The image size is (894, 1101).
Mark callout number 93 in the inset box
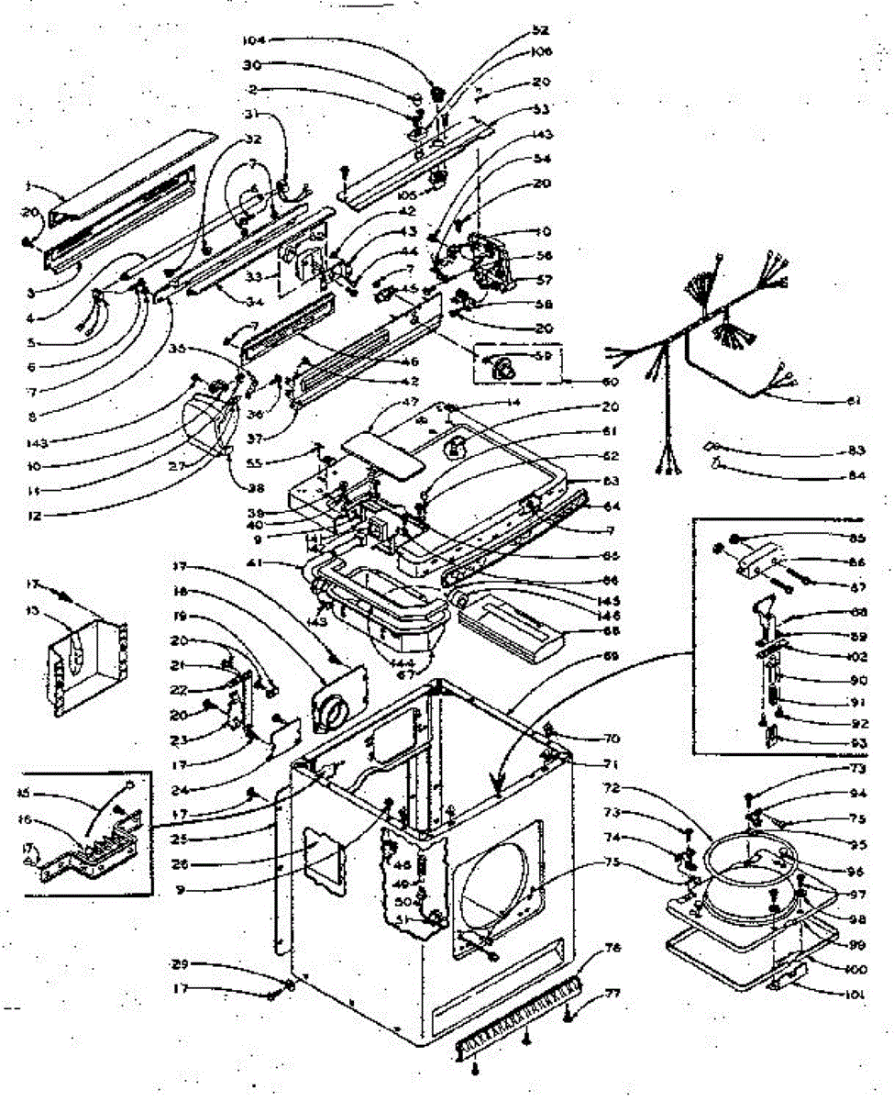click(x=858, y=741)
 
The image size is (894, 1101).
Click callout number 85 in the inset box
click(x=858, y=537)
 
